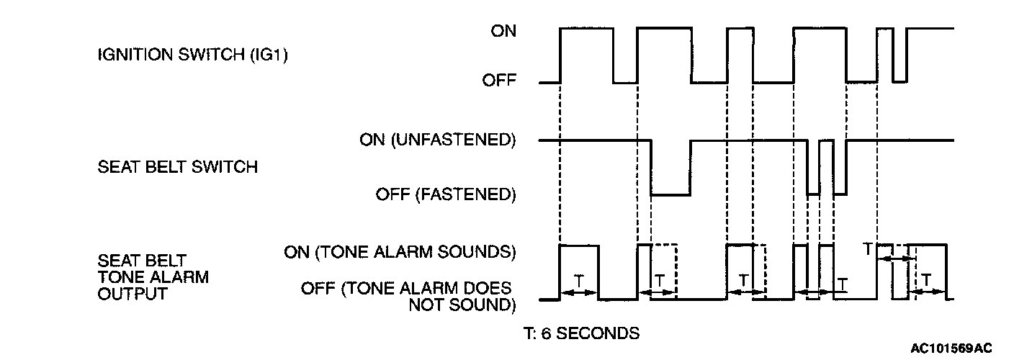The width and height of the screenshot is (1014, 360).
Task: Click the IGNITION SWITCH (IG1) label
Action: (192, 55)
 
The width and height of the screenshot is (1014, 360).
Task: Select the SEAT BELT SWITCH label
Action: (177, 167)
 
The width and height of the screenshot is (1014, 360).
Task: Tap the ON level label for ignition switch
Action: (503, 31)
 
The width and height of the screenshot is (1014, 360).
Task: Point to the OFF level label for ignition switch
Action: (499, 81)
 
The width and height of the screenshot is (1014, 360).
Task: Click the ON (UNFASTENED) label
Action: (437, 139)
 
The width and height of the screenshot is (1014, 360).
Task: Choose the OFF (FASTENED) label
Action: (446, 194)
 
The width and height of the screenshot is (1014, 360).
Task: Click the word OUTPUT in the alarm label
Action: (132, 294)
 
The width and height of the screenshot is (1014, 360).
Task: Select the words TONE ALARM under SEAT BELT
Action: (153, 276)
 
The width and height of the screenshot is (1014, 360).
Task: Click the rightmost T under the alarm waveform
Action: (927, 279)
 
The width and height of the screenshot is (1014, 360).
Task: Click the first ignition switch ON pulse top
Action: (587, 28)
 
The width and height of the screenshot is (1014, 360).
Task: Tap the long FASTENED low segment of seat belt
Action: (670, 194)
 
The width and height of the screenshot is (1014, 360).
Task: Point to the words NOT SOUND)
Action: (462, 305)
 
